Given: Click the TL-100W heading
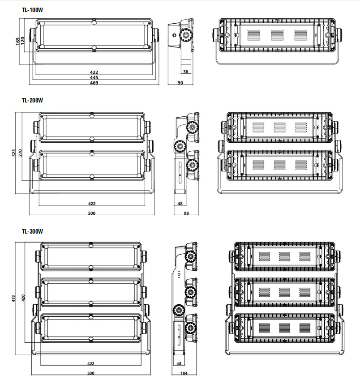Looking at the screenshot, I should coord(32,9).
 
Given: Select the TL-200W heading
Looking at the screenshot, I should coord(32,100).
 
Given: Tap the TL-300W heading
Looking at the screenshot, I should coord(32,231).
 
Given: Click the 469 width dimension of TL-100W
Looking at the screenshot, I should coord(94,83).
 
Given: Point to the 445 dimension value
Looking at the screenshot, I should coord(94,77).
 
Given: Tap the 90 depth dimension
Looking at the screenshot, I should coord(180,83).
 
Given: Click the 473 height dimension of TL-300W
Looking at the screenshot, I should coord(13,297).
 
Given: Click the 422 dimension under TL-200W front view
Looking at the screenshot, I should coord(91,204).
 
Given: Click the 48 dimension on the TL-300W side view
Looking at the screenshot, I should coord(179,364).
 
